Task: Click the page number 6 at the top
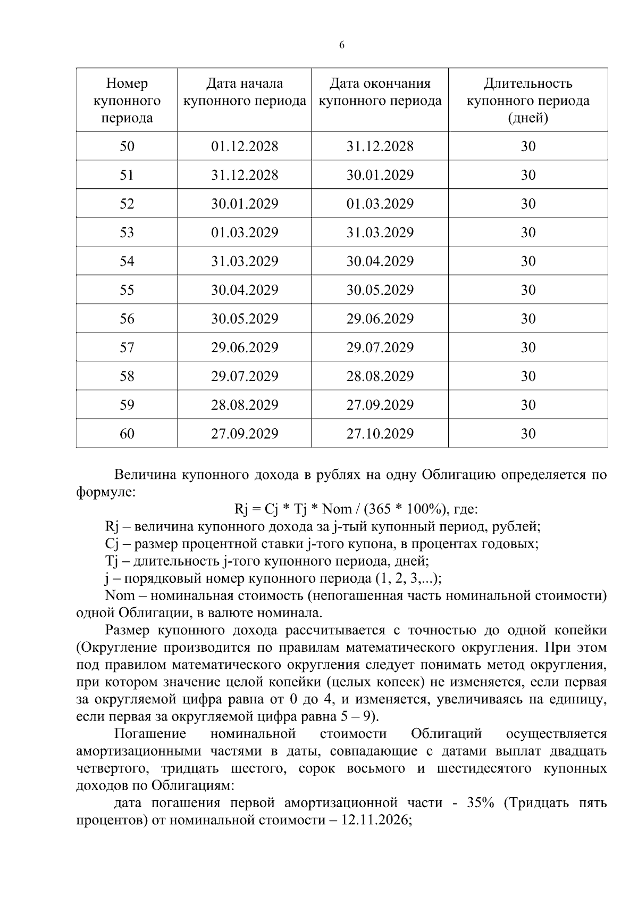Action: (341, 45)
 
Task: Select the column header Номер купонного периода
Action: (127, 101)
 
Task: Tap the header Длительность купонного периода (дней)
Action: (527, 101)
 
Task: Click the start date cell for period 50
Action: (245, 146)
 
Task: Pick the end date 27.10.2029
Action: (380, 434)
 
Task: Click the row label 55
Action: (127, 290)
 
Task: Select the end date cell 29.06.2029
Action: (380, 319)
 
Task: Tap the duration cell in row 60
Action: (527, 434)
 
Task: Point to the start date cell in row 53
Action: (245, 233)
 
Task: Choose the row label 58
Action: (127, 376)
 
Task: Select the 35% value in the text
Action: (480, 802)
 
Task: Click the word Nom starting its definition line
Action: (120, 595)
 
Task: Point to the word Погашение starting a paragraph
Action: (150, 734)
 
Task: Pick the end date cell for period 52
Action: (380, 204)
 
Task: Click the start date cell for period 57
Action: (245, 347)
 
